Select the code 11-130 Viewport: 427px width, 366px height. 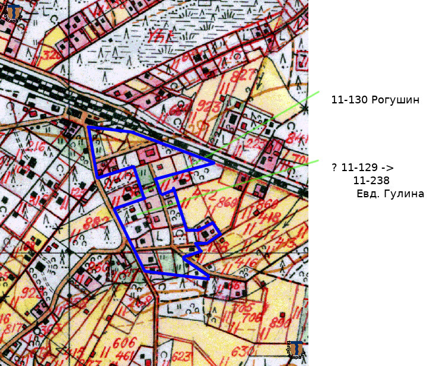(349, 100)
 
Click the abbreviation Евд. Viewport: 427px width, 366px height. (367, 194)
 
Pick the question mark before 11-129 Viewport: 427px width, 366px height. (334, 168)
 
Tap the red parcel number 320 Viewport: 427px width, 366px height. (53, 55)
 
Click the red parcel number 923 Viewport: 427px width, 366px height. (203, 108)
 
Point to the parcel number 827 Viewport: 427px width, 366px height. (243, 75)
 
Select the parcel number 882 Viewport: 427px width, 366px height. (97, 222)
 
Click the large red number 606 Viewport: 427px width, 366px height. (124, 343)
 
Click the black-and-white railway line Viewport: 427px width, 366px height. (36, 77)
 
